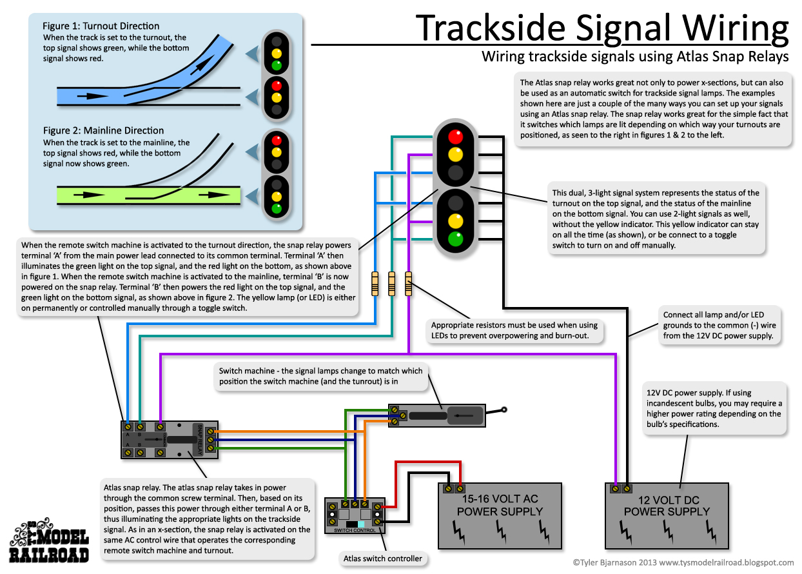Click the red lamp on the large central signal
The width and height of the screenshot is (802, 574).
point(456,136)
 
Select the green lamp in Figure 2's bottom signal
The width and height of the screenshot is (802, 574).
point(277,209)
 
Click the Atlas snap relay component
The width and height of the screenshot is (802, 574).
point(170,440)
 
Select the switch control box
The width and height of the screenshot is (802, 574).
point(355,515)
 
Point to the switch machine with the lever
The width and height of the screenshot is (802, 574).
point(437,416)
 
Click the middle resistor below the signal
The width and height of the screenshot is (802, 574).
point(391,284)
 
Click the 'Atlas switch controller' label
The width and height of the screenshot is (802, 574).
point(383,559)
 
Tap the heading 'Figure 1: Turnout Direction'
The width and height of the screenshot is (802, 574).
point(101,26)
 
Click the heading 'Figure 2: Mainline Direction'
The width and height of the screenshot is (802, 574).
point(103,131)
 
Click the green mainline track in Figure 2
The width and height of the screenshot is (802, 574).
point(148,194)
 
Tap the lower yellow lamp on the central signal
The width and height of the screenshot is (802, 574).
point(456,219)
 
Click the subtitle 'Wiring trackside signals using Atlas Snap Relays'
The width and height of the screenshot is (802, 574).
point(635,57)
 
